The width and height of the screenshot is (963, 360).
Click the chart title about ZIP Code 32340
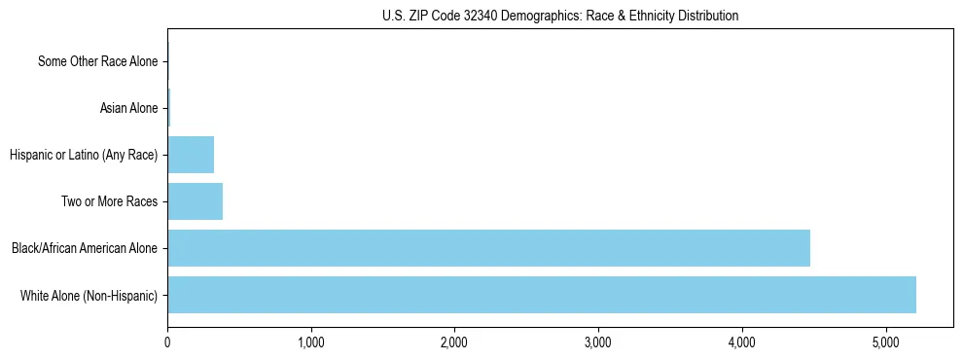pos(560,16)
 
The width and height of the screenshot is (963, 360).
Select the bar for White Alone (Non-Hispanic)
pos(542,295)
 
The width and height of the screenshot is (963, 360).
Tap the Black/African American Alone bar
pos(488,248)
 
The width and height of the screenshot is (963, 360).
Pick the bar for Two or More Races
pos(195,201)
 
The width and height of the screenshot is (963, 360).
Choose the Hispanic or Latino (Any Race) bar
pos(191,155)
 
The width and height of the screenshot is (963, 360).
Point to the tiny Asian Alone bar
pos(169,108)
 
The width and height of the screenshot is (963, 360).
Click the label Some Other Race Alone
pos(97,61)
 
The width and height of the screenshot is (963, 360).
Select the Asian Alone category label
pos(128,108)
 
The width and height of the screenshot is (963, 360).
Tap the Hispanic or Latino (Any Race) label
pos(84,155)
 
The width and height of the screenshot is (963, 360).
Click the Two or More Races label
pos(115,201)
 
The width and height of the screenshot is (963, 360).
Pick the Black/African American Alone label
pos(85,248)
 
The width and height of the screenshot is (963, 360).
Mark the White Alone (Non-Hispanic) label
pos(89,295)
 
